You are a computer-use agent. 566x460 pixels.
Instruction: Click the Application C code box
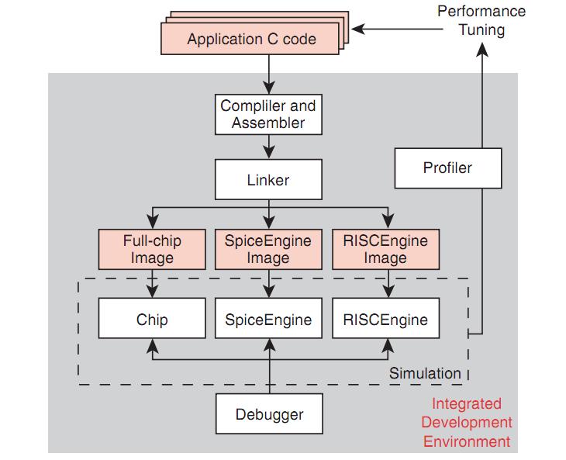pyautogui.click(x=251, y=39)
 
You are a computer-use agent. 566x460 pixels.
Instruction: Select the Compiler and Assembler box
pyautogui.click(x=268, y=113)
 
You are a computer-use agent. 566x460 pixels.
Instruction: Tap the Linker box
pyautogui.click(x=268, y=180)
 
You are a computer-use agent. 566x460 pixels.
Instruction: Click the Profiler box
pyautogui.click(x=447, y=168)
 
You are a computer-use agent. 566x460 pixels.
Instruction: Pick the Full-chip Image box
pyautogui.click(x=152, y=249)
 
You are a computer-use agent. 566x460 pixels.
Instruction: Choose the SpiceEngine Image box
pyautogui.click(x=268, y=249)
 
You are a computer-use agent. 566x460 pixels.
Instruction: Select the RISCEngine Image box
pyautogui.click(x=385, y=249)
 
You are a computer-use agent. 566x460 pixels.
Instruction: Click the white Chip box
pyautogui.click(x=152, y=320)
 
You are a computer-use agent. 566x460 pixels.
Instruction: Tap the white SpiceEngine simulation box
pyautogui.click(x=268, y=320)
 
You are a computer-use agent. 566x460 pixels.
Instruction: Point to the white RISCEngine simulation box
pyautogui.click(x=385, y=320)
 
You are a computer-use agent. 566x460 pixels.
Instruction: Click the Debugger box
pyautogui.click(x=269, y=414)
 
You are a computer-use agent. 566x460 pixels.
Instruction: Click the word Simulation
pyautogui.click(x=424, y=373)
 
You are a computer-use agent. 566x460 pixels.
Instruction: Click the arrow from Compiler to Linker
pyautogui.click(x=268, y=147)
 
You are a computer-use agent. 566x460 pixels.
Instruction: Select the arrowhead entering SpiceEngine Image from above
pyautogui.click(x=268, y=224)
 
